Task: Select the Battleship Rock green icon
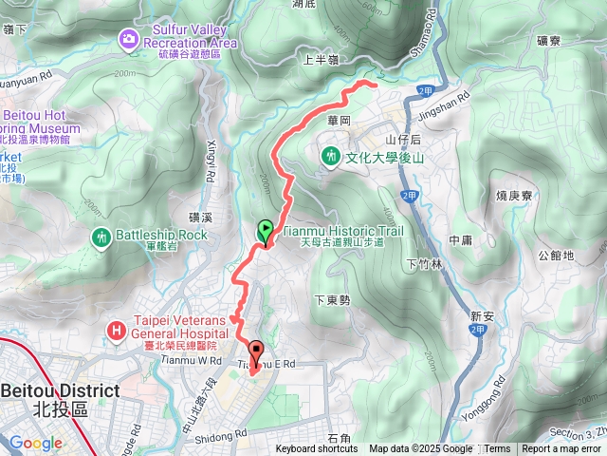[x=102, y=236]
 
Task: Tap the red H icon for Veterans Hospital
[x=116, y=330]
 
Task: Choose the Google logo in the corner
[x=36, y=443]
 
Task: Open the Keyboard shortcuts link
[x=317, y=449]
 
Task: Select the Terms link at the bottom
[x=497, y=449]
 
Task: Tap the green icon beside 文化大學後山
[x=331, y=155]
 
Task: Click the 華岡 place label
[x=339, y=122]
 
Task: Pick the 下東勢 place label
[x=332, y=299]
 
